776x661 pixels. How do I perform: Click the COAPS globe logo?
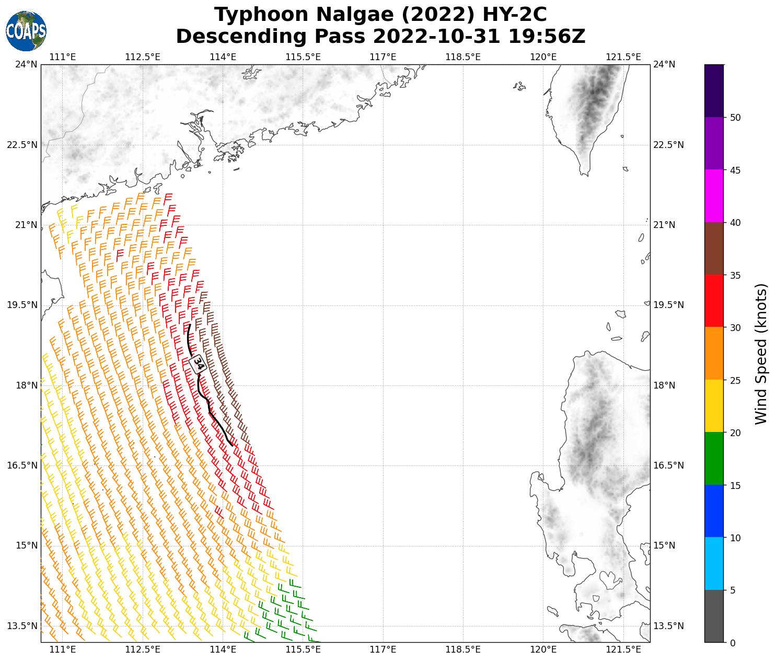coord(26,31)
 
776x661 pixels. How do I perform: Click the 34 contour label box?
coord(199,363)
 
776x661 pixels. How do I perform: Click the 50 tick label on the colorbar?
coord(735,118)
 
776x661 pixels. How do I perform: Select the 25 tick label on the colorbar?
coord(735,380)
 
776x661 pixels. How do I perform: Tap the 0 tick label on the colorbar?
coord(733,643)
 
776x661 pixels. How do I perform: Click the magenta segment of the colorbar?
coord(714,196)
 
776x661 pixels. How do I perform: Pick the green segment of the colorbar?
coord(714,459)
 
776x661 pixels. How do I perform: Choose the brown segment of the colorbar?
coord(714,248)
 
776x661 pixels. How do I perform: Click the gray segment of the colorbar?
coord(714,616)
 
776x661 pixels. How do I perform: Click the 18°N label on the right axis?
coord(664,385)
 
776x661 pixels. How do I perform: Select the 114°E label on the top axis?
coord(223,56)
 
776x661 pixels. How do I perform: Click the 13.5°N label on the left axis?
coord(22,626)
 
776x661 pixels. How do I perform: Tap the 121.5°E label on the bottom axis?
coord(623,649)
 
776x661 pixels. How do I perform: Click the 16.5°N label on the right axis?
coord(668,465)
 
